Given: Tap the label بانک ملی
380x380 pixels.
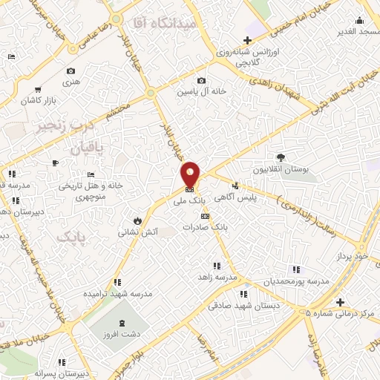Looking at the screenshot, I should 189,200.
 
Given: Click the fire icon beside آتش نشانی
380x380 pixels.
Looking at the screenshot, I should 137,220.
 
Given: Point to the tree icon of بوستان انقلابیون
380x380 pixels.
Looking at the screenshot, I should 281,157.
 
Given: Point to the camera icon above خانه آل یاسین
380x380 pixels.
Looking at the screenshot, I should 200,80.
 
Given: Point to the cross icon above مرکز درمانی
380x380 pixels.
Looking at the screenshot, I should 340,302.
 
